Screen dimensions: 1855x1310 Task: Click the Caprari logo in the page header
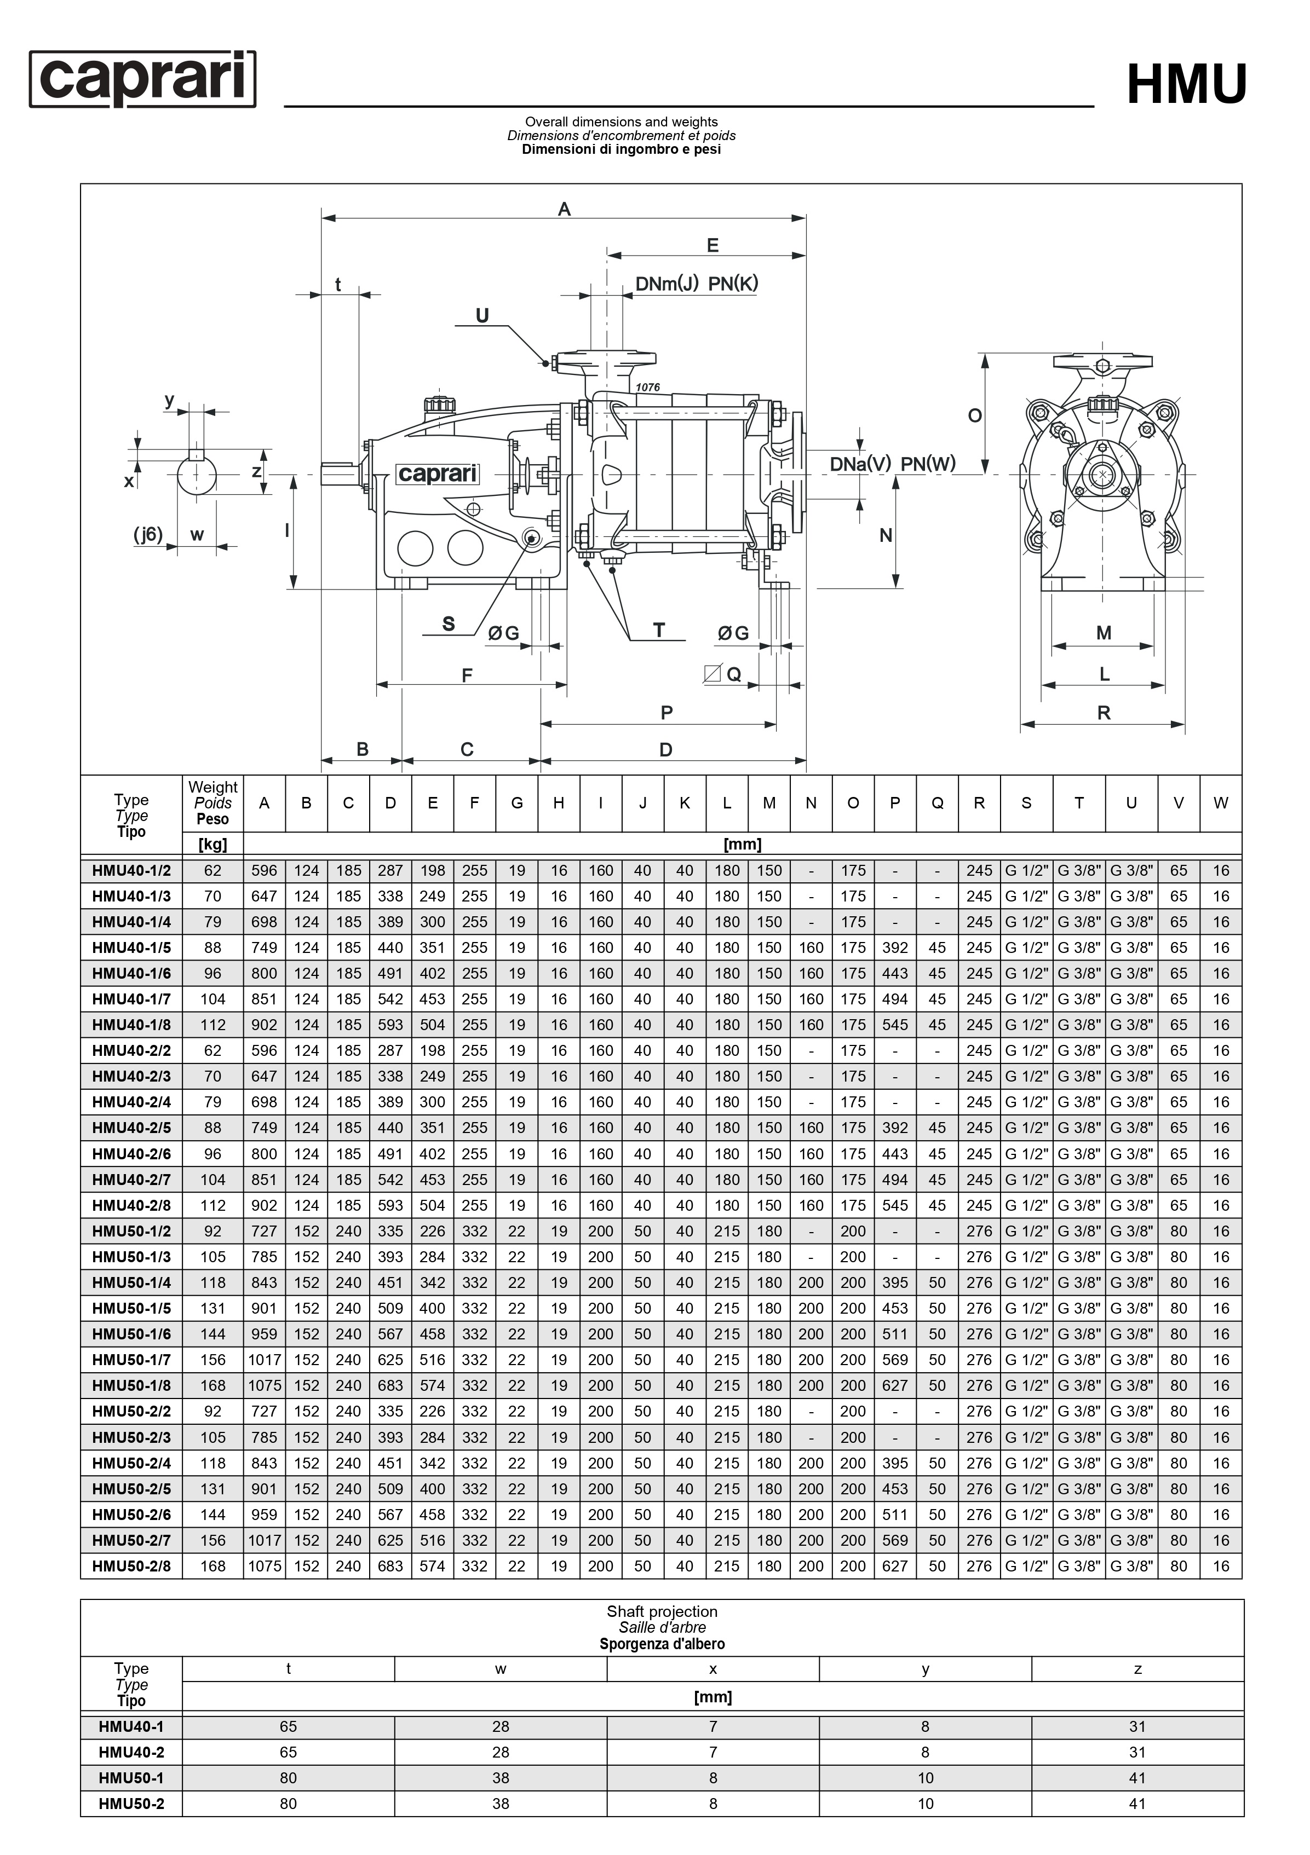coord(142,79)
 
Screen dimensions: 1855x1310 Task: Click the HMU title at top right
coord(1186,85)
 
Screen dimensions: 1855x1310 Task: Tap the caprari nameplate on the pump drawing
coord(437,473)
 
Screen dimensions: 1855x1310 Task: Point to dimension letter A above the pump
coord(564,209)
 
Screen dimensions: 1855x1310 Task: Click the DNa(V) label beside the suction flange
coord(860,464)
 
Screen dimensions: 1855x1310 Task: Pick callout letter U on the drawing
coord(482,316)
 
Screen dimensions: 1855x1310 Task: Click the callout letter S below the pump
coord(449,624)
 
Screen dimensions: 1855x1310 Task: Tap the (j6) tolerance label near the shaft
coord(148,534)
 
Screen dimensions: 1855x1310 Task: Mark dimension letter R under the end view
coord(1104,713)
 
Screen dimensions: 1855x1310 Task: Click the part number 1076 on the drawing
coord(647,388)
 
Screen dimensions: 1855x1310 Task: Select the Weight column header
coord(212,802)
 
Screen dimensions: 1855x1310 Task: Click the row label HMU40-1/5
coord(131,947)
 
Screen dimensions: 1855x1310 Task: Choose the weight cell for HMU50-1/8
coord(212,1385)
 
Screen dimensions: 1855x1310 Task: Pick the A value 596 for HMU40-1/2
coord(265,870)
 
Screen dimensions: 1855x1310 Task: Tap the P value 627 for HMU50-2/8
coord(895,1566)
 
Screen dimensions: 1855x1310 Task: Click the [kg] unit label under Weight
coord(212,844)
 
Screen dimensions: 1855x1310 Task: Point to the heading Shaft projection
coord(662,1612)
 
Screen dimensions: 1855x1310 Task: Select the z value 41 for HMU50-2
coord(1137,1804)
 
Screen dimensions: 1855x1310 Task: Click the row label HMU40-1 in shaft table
coord(131,1726)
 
